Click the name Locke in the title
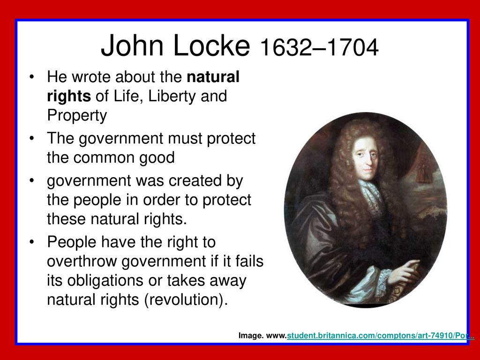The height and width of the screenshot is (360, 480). pos(211,45)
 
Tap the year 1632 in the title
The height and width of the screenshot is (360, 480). pos(286,47)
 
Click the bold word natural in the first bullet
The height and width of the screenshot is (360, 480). pos(213,76)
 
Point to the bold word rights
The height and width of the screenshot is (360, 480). pos(69,97)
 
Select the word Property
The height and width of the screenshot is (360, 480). pos(77,116)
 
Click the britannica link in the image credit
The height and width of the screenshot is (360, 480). pos(381,336)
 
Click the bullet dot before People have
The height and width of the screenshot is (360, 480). pos(31,242)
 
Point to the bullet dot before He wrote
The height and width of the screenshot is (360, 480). pos(31,76)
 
